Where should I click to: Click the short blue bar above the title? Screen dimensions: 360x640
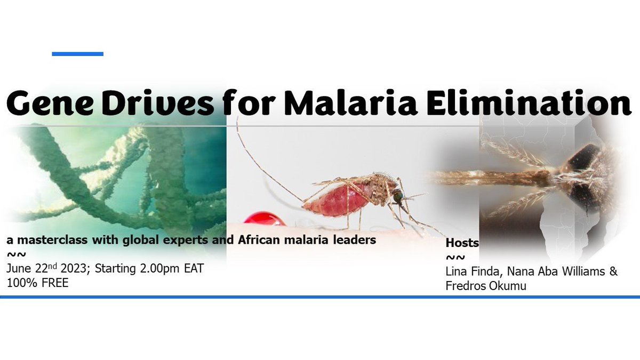77,54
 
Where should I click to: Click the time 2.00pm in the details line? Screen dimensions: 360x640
163,269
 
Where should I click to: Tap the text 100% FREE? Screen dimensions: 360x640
37,283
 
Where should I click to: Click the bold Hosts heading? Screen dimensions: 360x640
462,243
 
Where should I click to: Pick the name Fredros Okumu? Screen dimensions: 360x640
485,285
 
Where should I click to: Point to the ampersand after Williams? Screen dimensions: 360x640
613,271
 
